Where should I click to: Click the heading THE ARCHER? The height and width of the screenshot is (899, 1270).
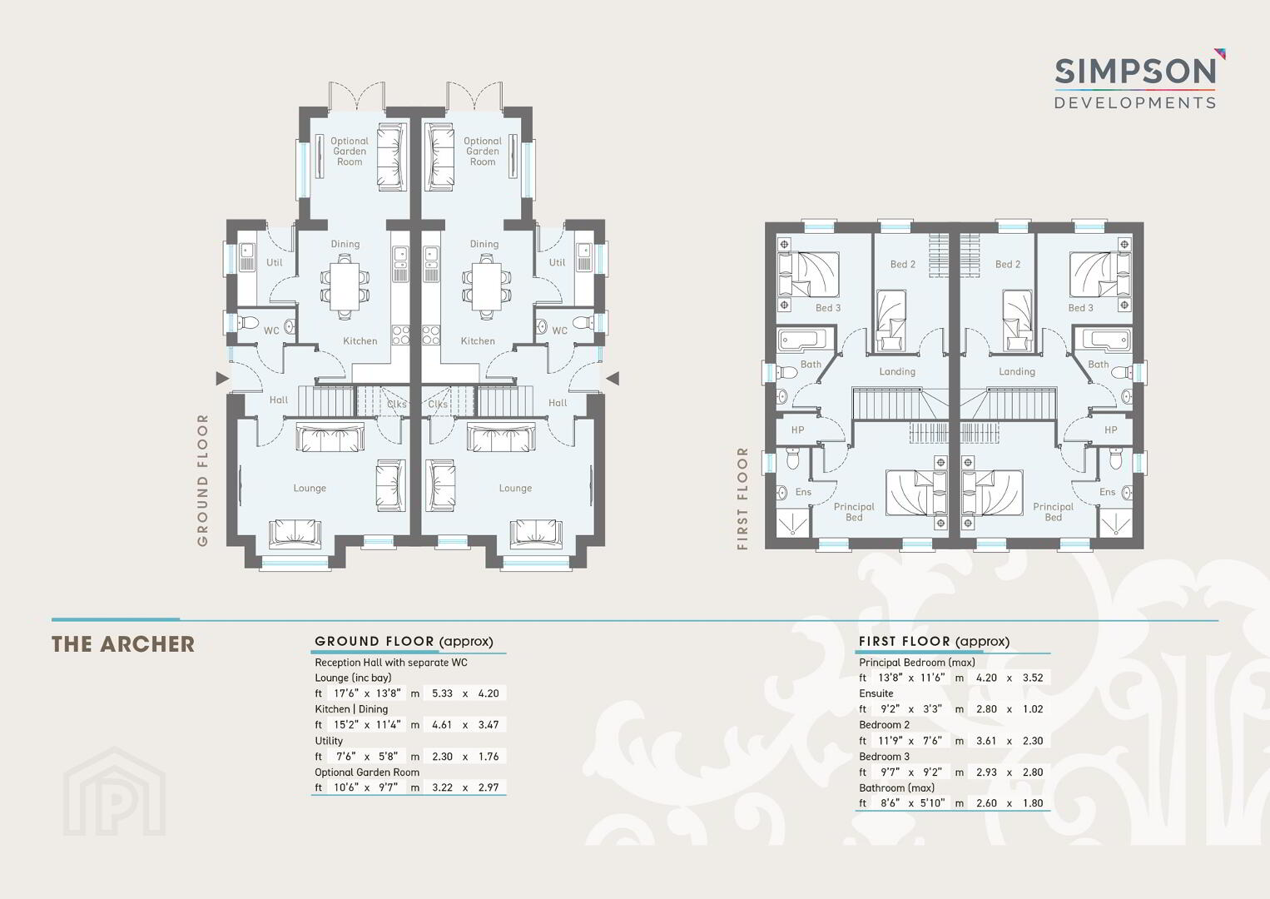click(x=123, y=644)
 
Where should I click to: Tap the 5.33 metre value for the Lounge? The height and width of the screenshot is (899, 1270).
click(x=442, y=693)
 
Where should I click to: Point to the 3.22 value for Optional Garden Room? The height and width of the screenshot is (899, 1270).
click(x=442, y=787)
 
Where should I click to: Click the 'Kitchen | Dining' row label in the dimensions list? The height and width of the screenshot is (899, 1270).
click(x=351, y=709)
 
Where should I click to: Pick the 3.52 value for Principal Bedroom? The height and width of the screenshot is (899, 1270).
click(x=1033, y=678)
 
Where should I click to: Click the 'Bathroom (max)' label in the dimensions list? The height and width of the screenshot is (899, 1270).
click(x=896, y=787)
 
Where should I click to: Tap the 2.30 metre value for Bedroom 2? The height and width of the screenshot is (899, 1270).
click(x=1033, y=741)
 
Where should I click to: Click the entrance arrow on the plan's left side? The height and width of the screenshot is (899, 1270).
click(x=222, y=378)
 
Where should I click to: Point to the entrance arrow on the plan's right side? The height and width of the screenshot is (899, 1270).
click(x=613, y=378)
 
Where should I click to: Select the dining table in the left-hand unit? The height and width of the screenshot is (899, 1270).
click(x=345, y=286)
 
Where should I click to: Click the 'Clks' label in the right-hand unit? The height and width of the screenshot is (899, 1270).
click(x=438, y=404)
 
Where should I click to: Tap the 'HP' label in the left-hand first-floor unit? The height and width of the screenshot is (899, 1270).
click(x=798, y=430)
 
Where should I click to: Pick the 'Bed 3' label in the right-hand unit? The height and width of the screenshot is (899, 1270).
click(x=1080, y=308)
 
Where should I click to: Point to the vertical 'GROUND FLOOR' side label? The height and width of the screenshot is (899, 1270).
click(x=202, y=479)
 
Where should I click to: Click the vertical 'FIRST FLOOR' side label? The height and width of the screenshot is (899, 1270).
click(x=742, y=499)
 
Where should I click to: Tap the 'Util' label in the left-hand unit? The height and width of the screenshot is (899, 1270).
click(x=275, y=262)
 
